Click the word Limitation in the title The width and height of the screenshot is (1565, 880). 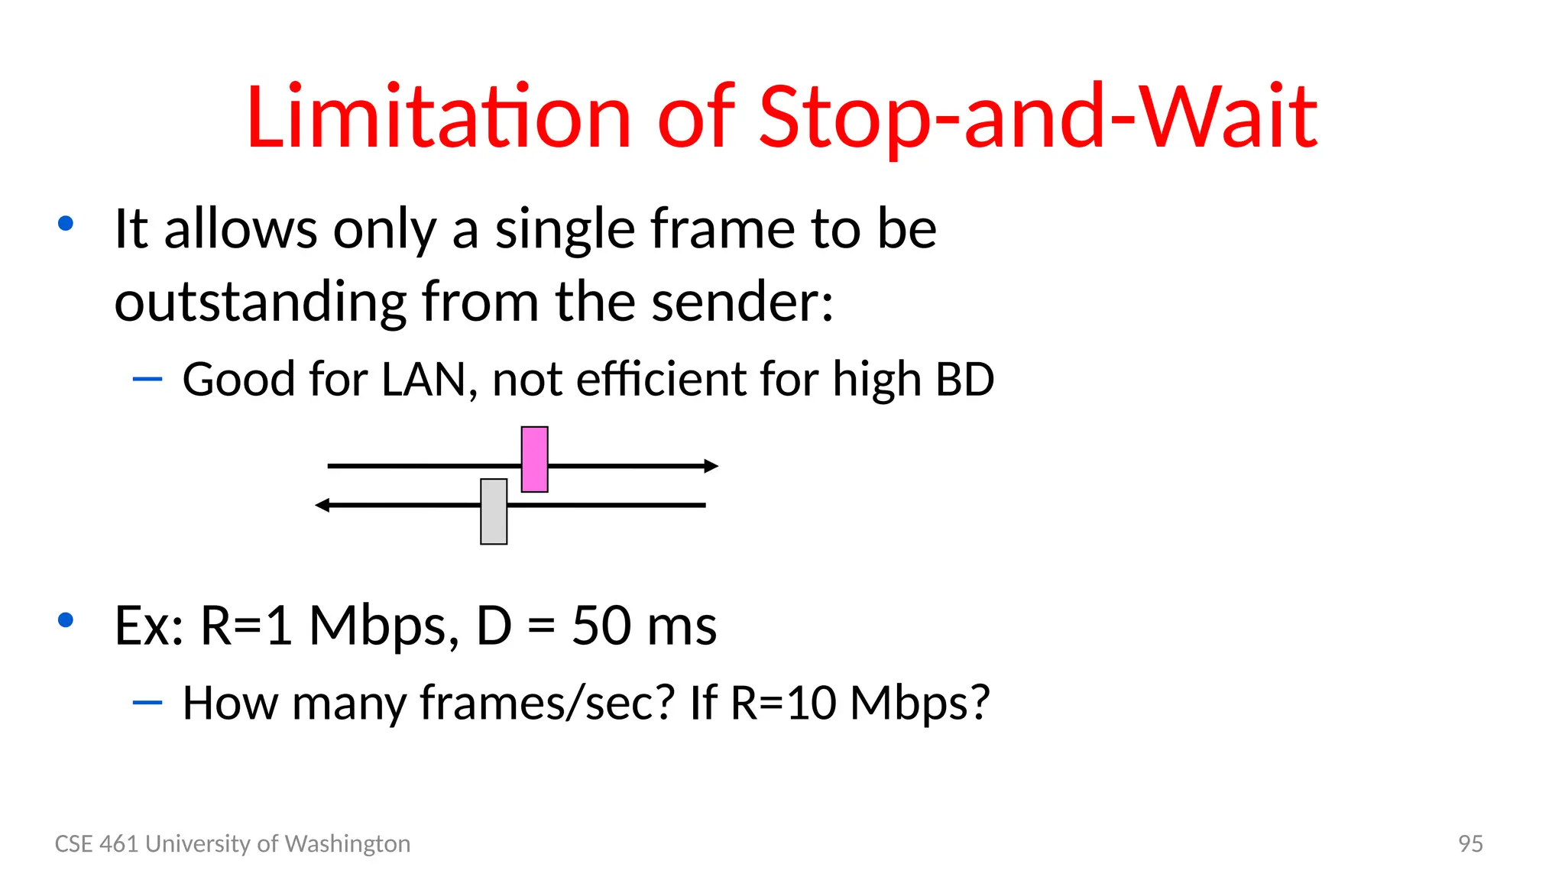coord(438,117)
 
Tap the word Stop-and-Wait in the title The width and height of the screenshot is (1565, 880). coord(1038,117)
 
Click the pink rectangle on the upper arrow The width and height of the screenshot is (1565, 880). coord(534,459)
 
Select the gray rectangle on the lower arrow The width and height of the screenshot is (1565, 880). coord(494,511)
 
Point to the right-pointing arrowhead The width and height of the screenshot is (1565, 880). coord(711,466)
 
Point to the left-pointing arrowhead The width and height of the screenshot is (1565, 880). coord(322,505)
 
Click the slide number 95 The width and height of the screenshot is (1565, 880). coord(1469,843)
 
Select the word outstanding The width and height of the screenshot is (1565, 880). coord(261,301)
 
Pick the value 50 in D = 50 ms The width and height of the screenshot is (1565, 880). coord(602,625)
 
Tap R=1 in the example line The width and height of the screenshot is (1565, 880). coord(246,625)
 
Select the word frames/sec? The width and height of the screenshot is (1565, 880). coord(547,702)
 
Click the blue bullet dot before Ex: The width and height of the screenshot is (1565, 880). coord(66,620)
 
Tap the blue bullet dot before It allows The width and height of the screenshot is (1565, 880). coord(66,223)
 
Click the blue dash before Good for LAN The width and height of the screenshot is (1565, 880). coord(147,378)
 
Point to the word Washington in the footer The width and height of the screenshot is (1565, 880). coord(347,843)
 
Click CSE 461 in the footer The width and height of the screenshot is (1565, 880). coord(96,843)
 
